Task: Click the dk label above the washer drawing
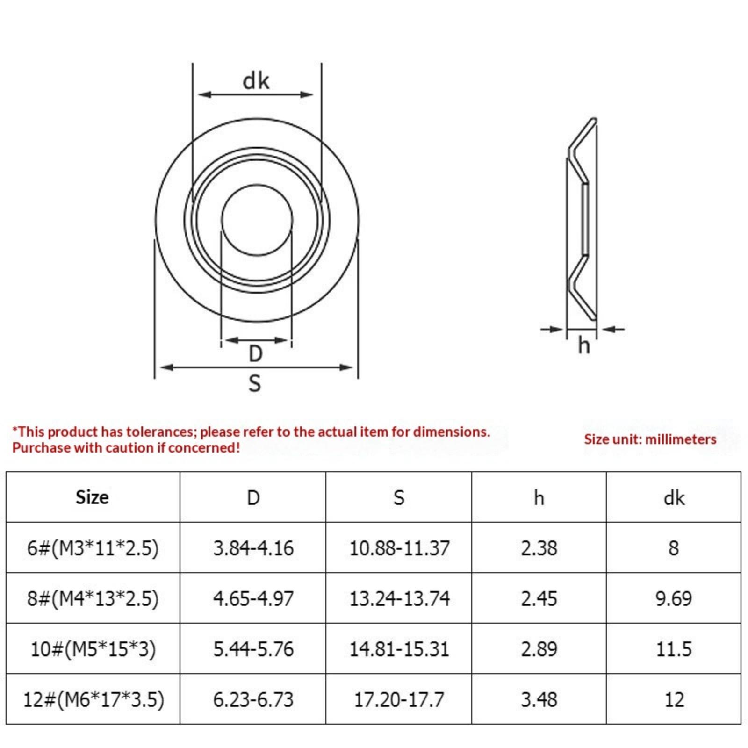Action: click(x=256, y=80)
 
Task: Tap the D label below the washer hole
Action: click(x=255, y=353)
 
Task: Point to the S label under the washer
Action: click(x=254, y=383)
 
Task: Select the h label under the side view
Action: click(x=583, y=345)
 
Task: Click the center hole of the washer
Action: click(x=257, y=220)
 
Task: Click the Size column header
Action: click(x=92, y=497)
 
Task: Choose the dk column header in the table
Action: click(x=674, y=498)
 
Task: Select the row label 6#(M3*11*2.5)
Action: click(x=93, y=548)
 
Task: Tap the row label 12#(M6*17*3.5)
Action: click(x=93, y=699)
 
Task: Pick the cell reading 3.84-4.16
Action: click(x=253, y=548)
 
